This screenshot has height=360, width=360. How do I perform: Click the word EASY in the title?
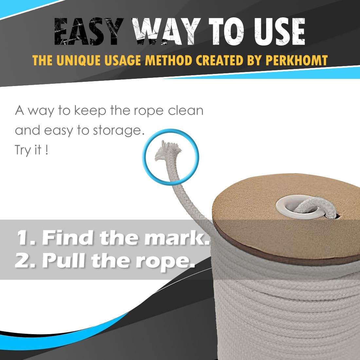tap(89, 31)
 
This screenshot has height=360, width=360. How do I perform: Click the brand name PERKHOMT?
tap(297, 61)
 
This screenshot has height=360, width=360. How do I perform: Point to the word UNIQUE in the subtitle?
tap(79, 61)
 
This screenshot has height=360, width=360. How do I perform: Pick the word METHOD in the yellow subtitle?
tap(169, 61)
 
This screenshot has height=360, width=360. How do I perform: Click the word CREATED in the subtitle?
tap(220, 61)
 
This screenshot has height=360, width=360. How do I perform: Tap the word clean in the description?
tap(186, 110)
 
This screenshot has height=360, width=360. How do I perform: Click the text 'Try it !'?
tap(31, 150)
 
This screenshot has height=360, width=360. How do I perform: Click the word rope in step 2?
tap(165, 263)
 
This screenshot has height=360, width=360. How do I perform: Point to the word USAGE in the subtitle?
tap(122, 61)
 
